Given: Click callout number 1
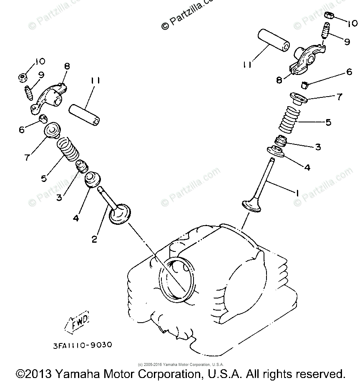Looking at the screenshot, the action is point(297,193).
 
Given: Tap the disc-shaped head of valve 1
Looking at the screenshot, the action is point(252,205).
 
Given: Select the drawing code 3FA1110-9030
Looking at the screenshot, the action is point(82,345).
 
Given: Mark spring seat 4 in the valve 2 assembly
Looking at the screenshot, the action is point(92,179).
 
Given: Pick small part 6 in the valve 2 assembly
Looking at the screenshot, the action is point(42,120).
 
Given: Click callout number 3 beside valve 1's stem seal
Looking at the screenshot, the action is point(318,147).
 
